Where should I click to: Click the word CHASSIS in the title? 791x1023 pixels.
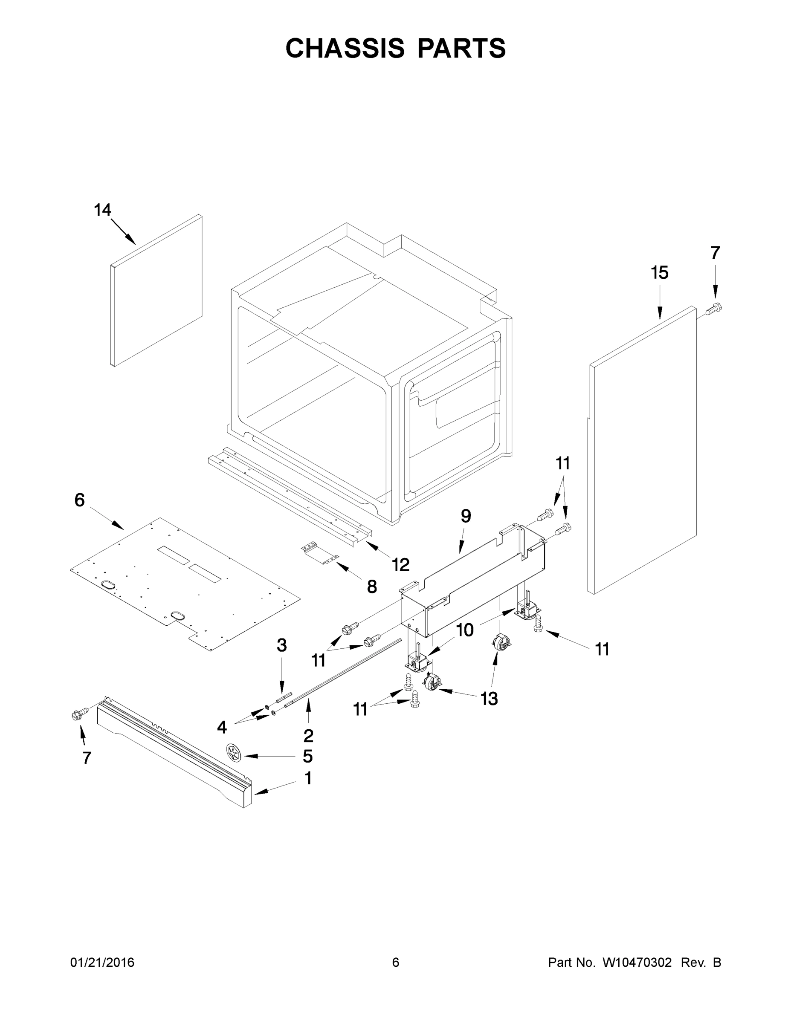pyautogui.click(x=345, y=48)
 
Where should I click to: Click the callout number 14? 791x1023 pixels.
pyautogui.click(x=102, y=210)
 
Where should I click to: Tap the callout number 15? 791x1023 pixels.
pyautogui.click(x=659, y=273)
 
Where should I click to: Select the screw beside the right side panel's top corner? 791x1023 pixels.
pyautogui.click(x=713, y=309)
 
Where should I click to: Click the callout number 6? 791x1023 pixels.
pyautogui.click(x=80, y=500)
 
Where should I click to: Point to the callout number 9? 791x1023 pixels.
pyautogui.click(x=465, y=516)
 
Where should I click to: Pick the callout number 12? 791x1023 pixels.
pyautogui.click(x=401, y=565)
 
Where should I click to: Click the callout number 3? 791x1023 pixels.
pyautogui.click(x=281, y=645)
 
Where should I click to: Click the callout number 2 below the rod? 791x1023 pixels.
pyautogui.click(x=308, y=736)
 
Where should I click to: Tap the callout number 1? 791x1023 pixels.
pyautogui.click(x=308, y=778)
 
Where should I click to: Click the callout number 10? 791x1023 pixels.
pyautogui.click(x=465, y=630)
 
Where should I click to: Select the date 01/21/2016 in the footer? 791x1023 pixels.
pyautogui.click(x=102, y=962)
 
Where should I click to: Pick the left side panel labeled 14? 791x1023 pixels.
pyautogui.click(x=157, y=290)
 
